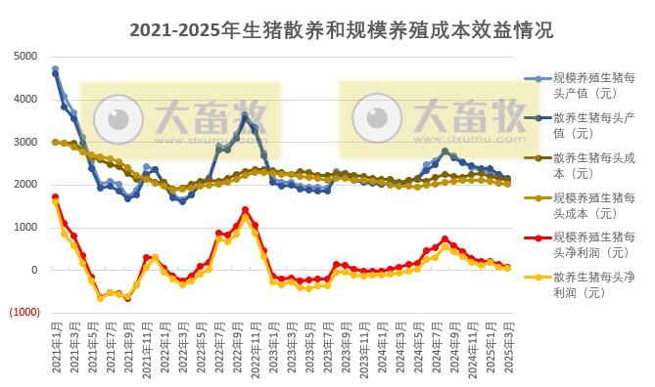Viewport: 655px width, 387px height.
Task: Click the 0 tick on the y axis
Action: (34, 270)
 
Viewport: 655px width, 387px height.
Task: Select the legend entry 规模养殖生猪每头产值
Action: (593, 84)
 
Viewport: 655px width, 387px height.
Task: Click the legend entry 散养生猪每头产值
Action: (593, 125)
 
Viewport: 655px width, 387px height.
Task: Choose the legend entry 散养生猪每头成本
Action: (593, 165)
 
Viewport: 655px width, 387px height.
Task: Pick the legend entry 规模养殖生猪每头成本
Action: (593, 205)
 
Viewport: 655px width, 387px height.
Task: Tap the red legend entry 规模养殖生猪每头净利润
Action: (593, 245)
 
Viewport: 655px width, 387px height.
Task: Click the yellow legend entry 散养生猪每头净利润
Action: (593, 285)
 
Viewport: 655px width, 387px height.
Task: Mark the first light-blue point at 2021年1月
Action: (55, 69)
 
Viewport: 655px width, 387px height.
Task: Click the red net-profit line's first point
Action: (55, 196)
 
